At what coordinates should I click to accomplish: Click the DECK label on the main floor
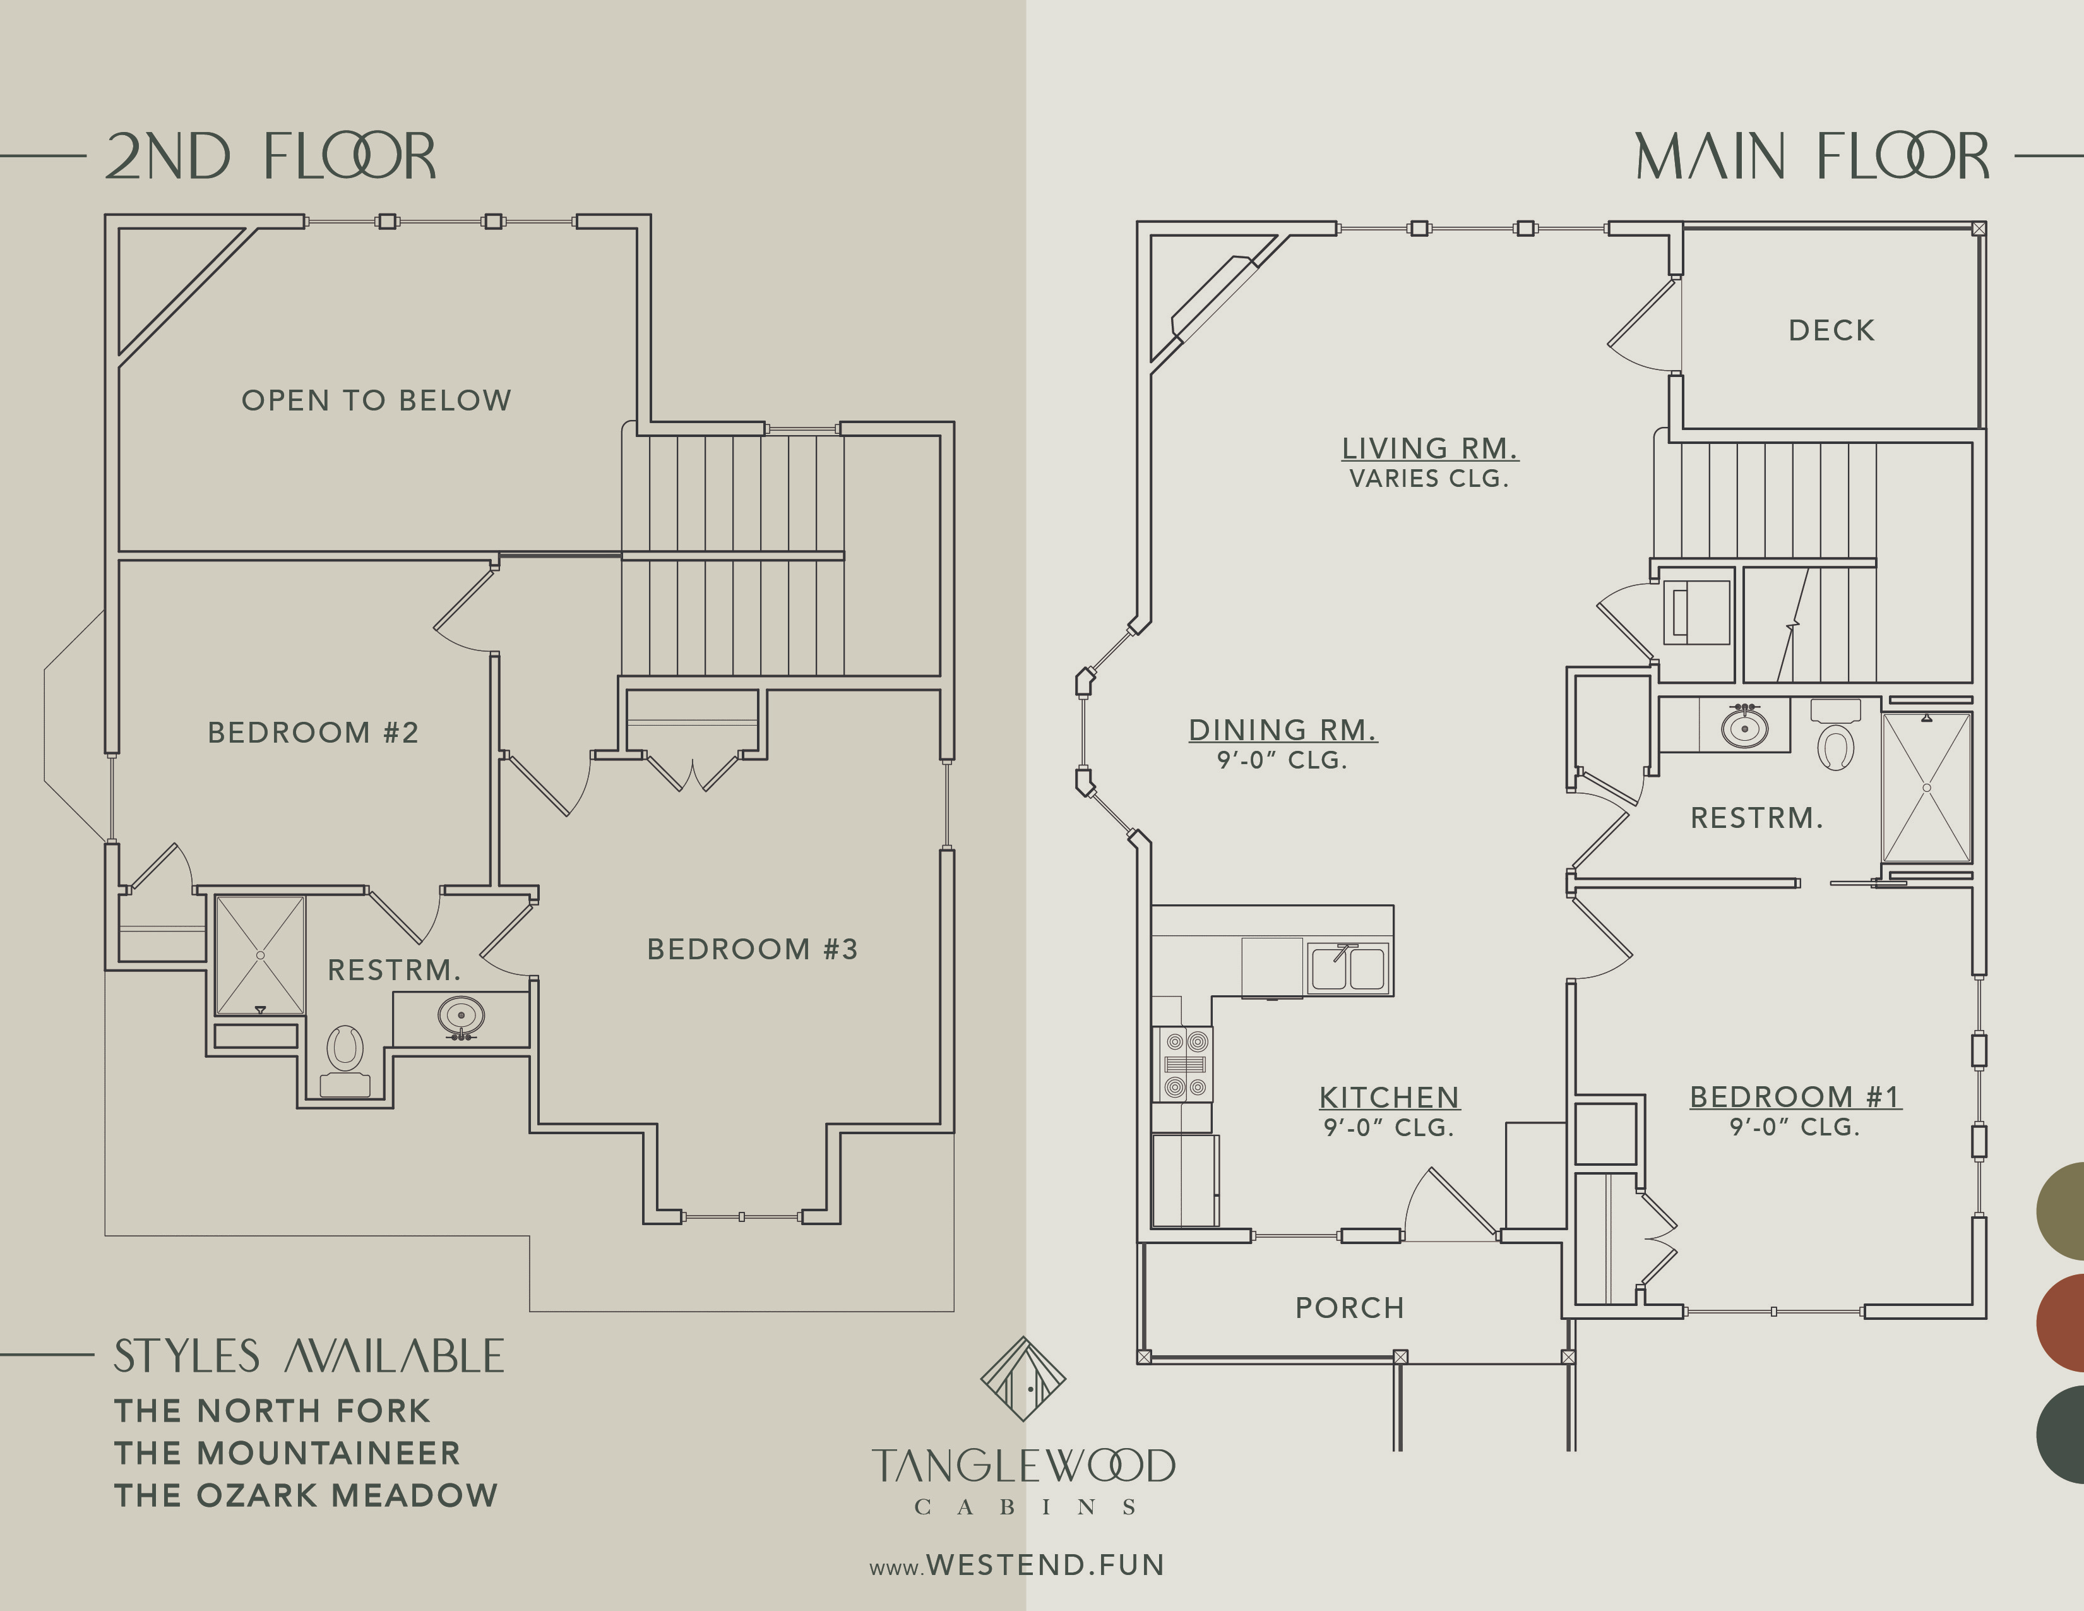(x=1831, y=330)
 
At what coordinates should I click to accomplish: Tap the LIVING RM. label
(x=1429, y=448)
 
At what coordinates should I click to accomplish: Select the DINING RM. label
(x=1282, y=730)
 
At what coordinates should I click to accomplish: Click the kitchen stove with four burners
(x=1184, y=1064)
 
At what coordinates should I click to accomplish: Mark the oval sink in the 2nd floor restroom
(x=461, y=1016)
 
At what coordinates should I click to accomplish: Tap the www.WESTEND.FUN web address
(x=1016, y=1565)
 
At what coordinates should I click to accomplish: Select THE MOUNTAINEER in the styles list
(x=287, y=1452)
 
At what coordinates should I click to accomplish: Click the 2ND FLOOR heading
(x=270, y=157)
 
